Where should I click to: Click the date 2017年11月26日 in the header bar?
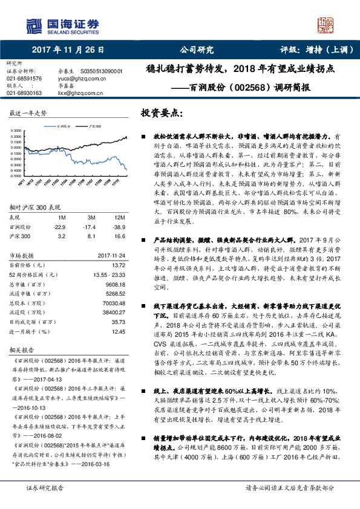coord(68,51)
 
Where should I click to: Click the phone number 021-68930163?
coord(24,93)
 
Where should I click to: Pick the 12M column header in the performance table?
coord(119,216)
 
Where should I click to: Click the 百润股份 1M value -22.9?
coord(59,225)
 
